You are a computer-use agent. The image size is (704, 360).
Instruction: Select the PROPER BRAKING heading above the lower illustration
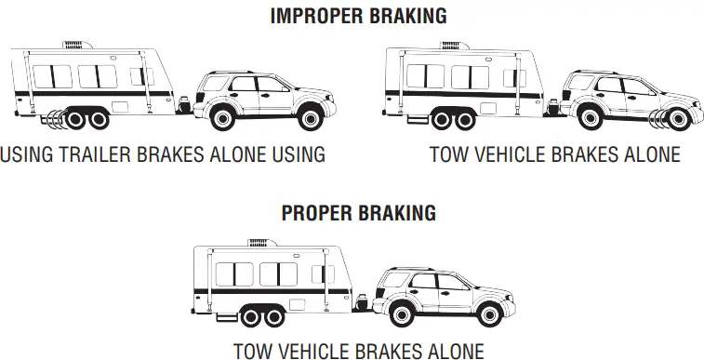[358, 213]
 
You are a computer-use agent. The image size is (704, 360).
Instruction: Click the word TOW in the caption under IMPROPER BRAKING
[448, 154]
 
